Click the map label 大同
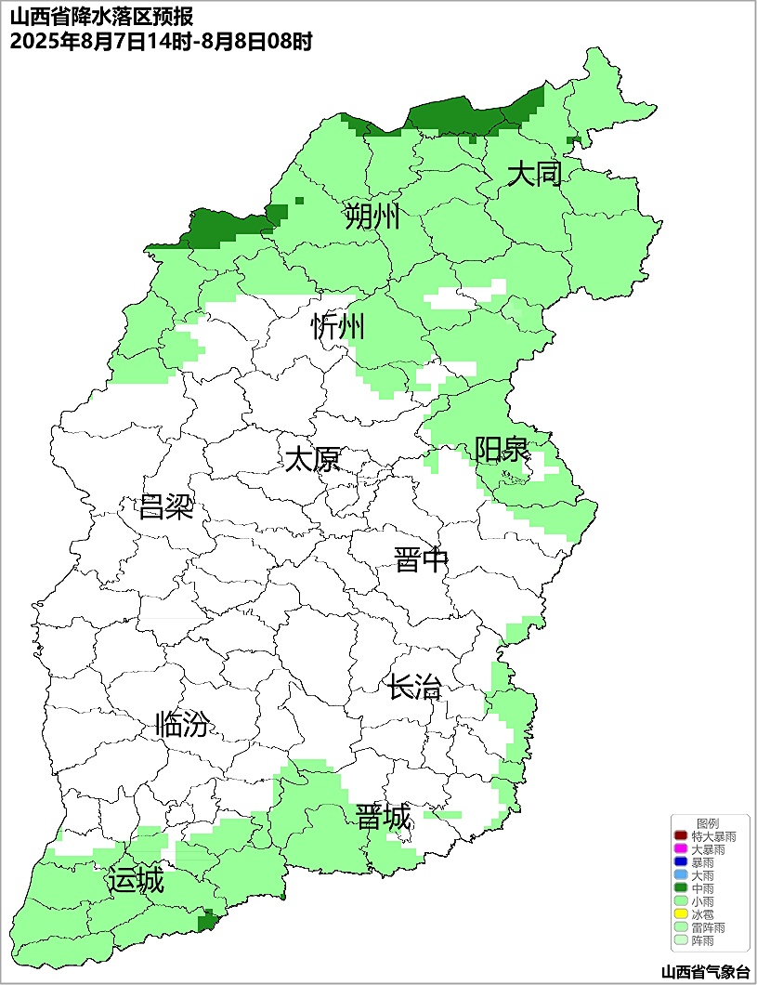click(535, 174)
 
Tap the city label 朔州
click(372, 217)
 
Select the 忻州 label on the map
click(338, 326)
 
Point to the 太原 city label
click(312, 459)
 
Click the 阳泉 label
click(502, 450)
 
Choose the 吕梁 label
click(166, 507)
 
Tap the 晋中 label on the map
click(421, 560)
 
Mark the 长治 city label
click(414, 689)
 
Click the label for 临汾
click(182, 724)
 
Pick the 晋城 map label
click(383, 818)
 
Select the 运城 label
click(136, 879)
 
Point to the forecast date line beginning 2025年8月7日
click(161, 41)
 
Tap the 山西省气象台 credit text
click(705, 972)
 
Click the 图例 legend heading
click(708, 823)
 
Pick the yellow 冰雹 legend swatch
click(681, 914)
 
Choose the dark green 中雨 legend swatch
click(681, 888)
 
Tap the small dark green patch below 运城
click(208, 921)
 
